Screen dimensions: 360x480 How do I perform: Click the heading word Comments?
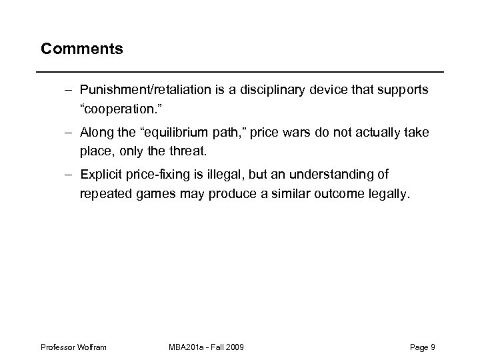(81, 49)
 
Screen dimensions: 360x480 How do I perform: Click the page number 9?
(433, 348)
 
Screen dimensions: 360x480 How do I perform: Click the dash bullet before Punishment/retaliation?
(69, 89)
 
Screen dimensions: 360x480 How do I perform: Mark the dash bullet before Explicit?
(69, 175)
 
